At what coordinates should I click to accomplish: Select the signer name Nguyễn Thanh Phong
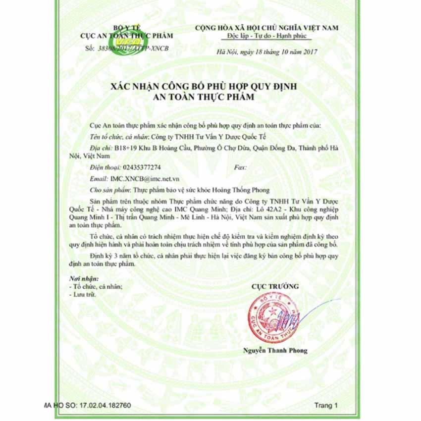[275, 351]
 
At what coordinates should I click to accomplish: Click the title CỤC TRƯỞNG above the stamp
[275, 286]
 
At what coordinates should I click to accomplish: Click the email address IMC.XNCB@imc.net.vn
[145, 179]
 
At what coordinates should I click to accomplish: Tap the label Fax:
[239, 168]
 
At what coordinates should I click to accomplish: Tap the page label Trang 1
[326, 405]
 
